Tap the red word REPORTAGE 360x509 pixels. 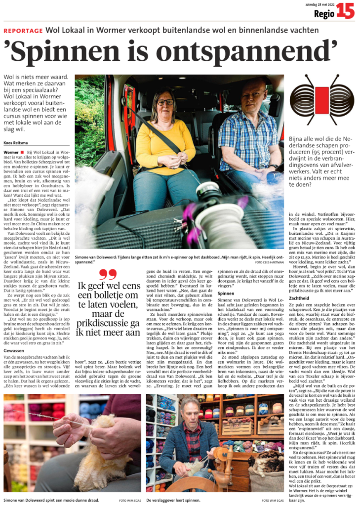23,31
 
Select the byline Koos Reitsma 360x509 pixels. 16,143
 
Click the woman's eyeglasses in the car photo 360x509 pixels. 165,102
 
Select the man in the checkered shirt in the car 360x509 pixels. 247,133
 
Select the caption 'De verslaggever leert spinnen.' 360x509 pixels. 172,500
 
